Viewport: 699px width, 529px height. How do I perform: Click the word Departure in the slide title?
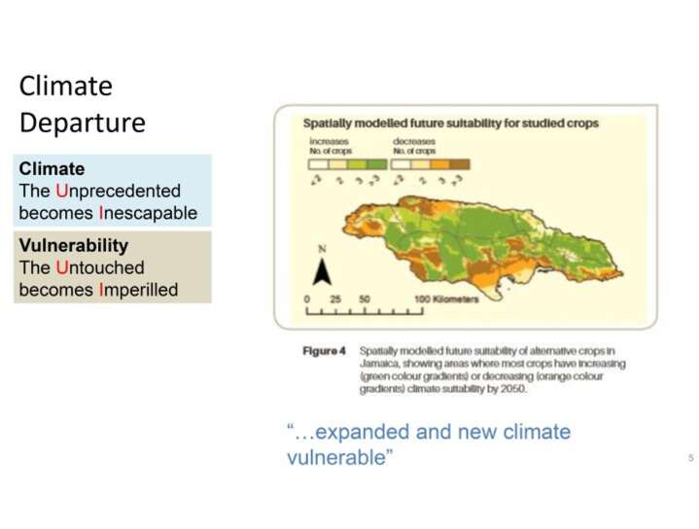click(82, 123)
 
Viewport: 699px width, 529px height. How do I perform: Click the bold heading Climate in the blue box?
click(52, 169)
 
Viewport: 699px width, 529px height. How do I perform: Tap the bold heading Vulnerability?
click(74, 246)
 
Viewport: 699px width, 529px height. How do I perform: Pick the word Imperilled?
click(138, 289)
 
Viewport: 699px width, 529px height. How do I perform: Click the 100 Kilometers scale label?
click(448, 300)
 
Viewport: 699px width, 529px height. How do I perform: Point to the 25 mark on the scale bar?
click(335, 300)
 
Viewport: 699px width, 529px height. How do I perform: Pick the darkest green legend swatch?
click(377, 163)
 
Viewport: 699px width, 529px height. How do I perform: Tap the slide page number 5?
click(690, 457)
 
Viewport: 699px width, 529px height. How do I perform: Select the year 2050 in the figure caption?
click(509, 388)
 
